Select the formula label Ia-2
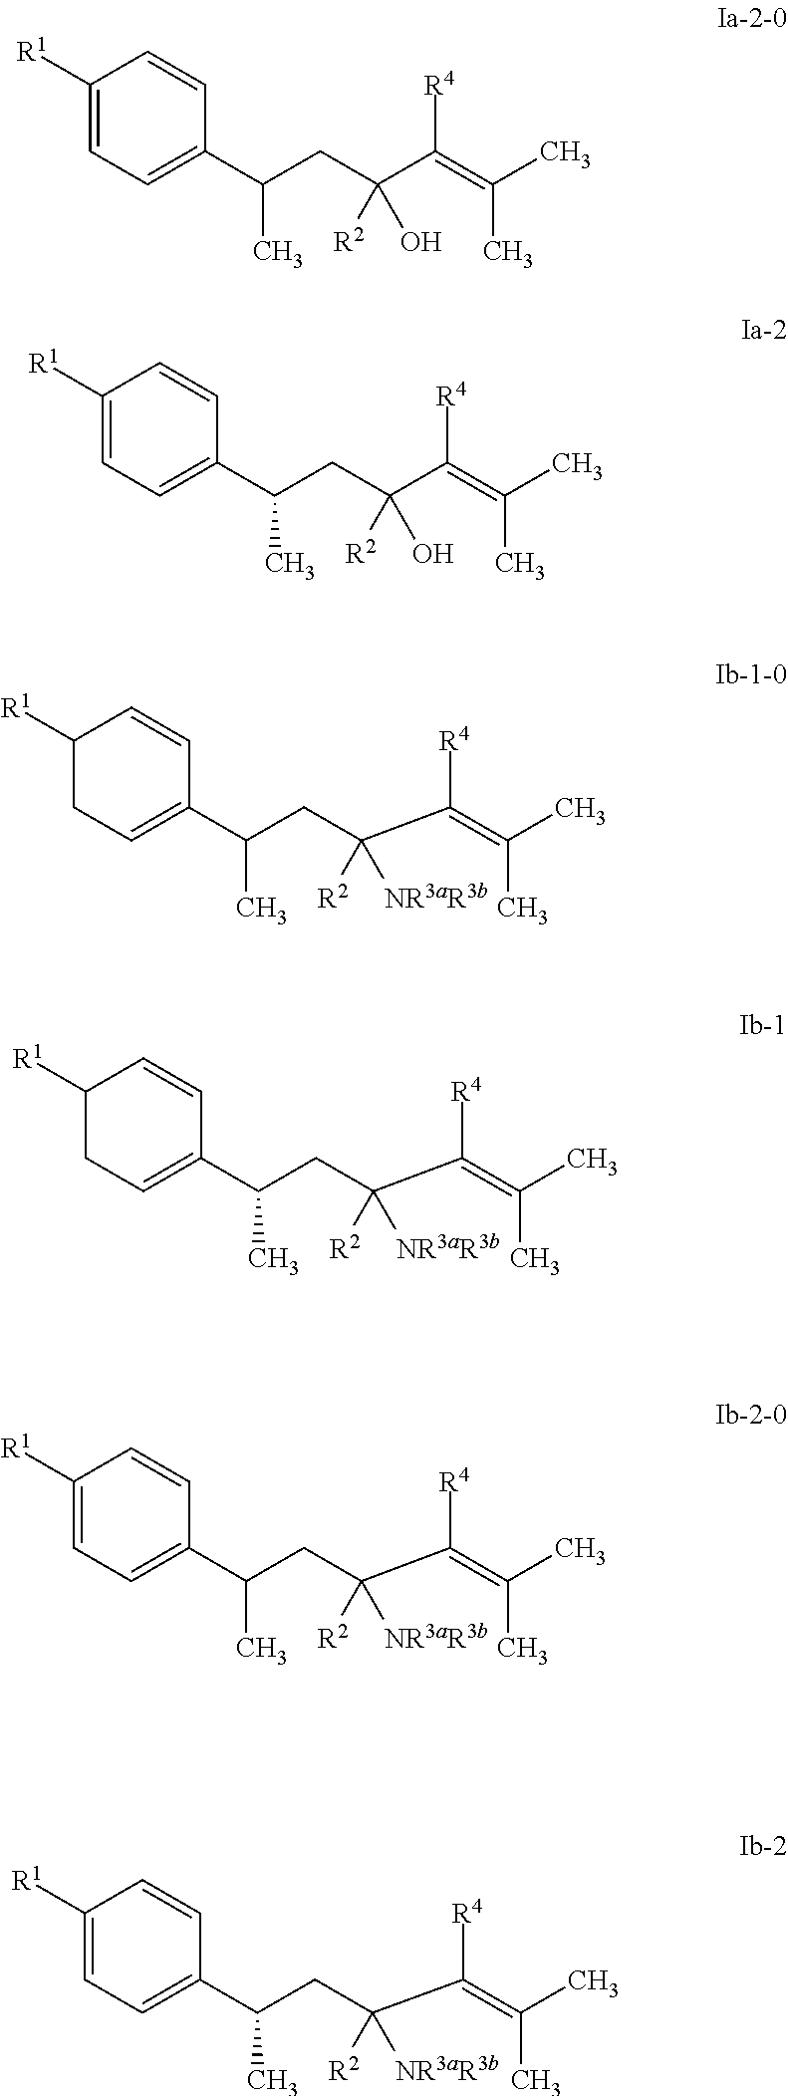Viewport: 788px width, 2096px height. coord(764,331)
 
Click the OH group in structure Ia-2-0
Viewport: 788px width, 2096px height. coord(420,242)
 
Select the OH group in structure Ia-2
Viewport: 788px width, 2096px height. coord(432,553)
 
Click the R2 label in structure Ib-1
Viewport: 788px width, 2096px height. coord(346,1248)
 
